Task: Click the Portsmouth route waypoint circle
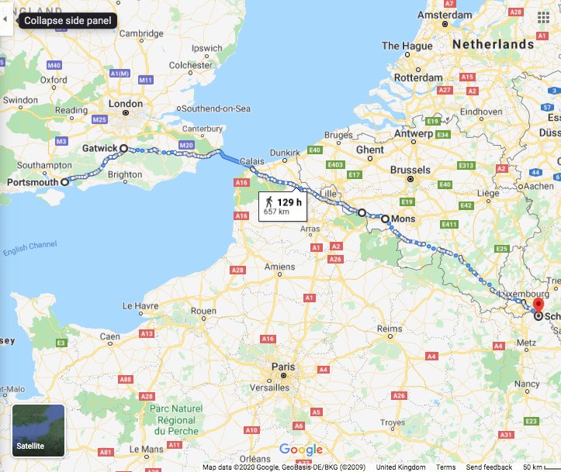[64, 182]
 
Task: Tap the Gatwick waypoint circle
[123, 147]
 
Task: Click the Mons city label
[403, 219]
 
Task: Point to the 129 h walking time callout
[282, 205]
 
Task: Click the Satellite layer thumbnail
[39, 429]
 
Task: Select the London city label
[125, 104]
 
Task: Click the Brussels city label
[410, 170]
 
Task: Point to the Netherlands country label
[493, 45]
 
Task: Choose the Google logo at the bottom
[300, 450]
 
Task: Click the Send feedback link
[487, 467]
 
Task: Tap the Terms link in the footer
[445, 467]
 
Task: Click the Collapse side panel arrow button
[6, 20]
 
